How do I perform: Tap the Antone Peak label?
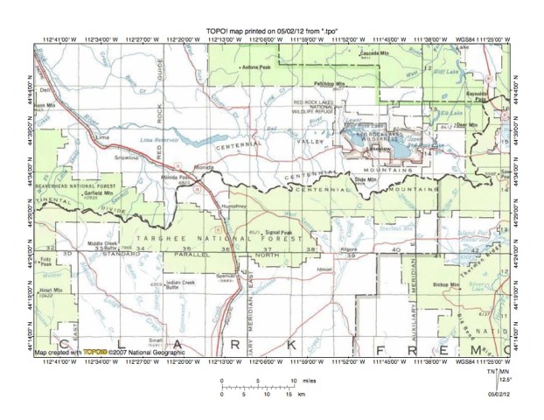(x=256, y=66)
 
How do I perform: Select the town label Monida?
(x=203, y=166)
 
